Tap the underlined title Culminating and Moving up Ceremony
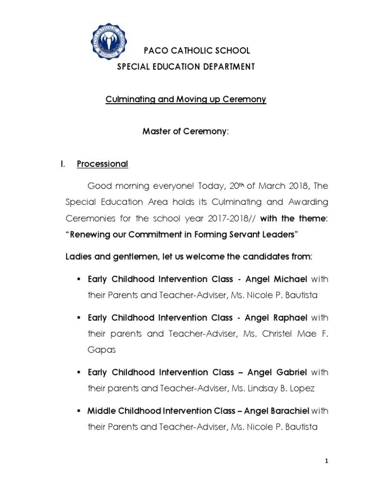tap(186, 99)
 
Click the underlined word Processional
tap(102, 164)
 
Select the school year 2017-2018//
tap(232, 218)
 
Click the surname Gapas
tap(102, 350)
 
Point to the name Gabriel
tap(289, 372)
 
